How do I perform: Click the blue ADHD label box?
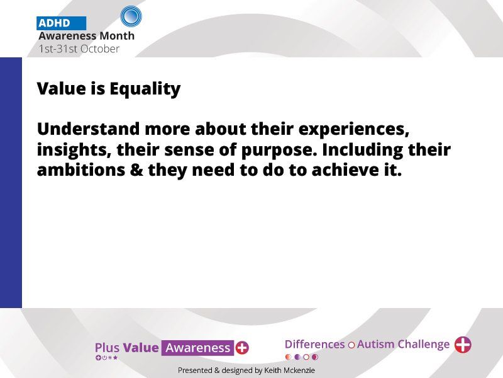click(x=61, y=23)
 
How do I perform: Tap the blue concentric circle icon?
click(x=131, y=16)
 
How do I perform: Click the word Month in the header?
click(x=117, y=36)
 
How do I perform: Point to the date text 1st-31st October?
click(x=79, y=49)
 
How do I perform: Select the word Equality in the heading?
click(x=145, y=89)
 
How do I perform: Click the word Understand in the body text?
click(x=89, y=129)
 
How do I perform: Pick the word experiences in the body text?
click(x=354, y=130)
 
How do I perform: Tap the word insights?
click(x=74, y=150)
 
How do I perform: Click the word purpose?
click(x=279, y=150)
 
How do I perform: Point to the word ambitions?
click(x=81, y=169)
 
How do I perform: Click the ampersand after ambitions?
click(x=136, y=170)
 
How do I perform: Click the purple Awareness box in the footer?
click(x=197, y=348)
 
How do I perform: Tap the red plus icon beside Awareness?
click(x=242, y=348)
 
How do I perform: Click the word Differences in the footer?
click(x=315, y=344)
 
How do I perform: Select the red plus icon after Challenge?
click(x=463, y=345)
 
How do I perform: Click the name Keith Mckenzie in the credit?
click(x=289, y=370)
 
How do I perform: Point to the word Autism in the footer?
click(x=375, y=344)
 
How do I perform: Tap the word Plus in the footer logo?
click(x=107, y=348)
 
